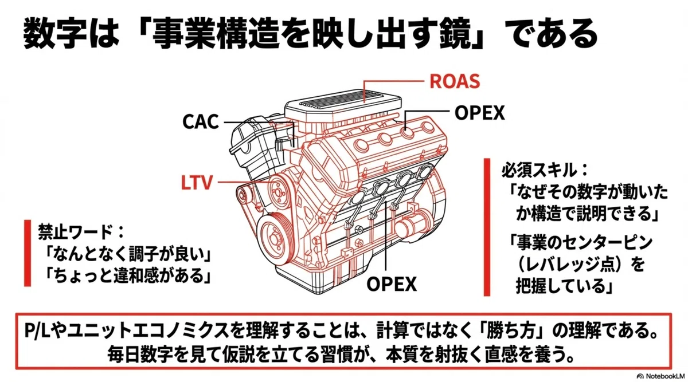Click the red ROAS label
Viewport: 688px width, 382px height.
pyautogui.click(x=455, y=81)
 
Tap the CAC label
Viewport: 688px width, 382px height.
pyautogui.click(x=201, y=121)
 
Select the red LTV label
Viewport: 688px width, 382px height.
pyautogui.click(x=197, y=183)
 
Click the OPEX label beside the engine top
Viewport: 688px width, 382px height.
pyautogui.click(x=479, y=113)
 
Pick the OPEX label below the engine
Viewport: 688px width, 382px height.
pyautogui.click(x=392, y=284)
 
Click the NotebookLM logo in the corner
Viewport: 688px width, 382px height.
pyautogui.click(x=660, y=376)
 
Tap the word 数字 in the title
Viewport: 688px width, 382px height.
pyautogui.click(x=54, y=33)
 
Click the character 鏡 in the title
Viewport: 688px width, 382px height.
pyautogui.click(x=455, y=33)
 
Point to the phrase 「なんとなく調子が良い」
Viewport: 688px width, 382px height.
pyautogui.click(x=127, y=254)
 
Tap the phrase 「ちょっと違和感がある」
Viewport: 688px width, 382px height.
pyautogui.click(x=127, y=275)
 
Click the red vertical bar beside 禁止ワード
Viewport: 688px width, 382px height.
pyautogui.click(x=28, y=253)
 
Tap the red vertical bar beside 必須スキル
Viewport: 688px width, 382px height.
pyautogui.click(x=487, y=227)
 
